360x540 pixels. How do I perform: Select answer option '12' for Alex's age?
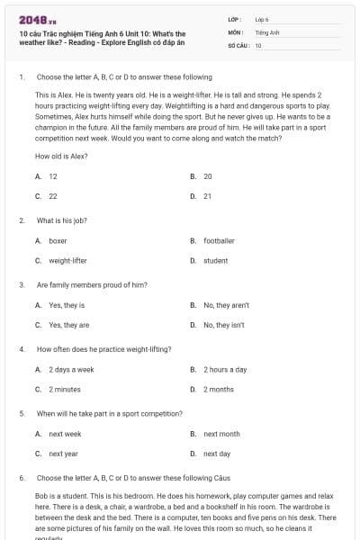coord(53,176)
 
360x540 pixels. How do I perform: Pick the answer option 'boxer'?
coord(58,240)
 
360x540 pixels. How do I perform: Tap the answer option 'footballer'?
coord(219,240)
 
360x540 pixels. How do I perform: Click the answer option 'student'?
coord(215,260)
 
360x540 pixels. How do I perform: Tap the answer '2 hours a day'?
coord(225,369)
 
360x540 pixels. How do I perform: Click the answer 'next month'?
coord(221,434)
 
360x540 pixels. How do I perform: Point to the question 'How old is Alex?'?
coord(61,156)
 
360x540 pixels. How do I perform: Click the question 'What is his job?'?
coord(62,220)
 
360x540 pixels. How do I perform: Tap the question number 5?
coord(22,413)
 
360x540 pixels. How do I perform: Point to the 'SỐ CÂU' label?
coord(238,44)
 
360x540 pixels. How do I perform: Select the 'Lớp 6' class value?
coord(262,19)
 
